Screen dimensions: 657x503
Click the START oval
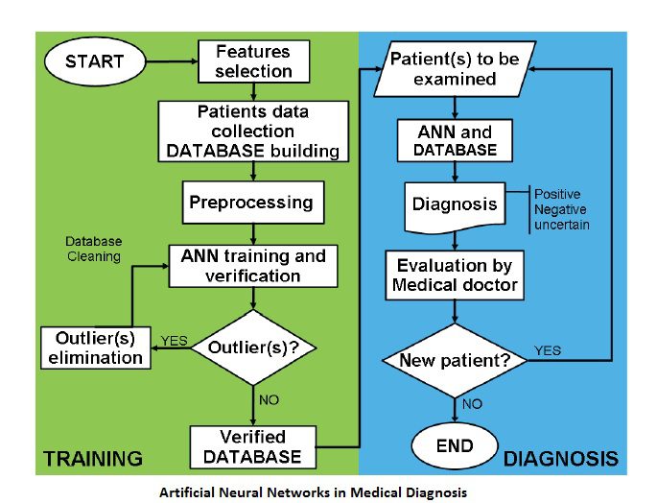click(x=95, y=61)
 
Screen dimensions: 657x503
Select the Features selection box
click(x=253, y=61)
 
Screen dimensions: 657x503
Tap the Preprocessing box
click(x=253, y=203)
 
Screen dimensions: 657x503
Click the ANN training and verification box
click(x=253, y=266)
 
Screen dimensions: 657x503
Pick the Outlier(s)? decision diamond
click(x=253, y=347)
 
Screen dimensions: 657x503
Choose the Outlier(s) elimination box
click(x=96, y=347)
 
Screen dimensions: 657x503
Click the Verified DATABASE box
click(x=252, y=447)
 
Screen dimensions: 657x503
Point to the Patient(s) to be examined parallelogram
click(x=455, y=69)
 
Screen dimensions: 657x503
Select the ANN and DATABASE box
click(x=455, y=140)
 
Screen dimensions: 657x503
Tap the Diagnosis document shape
click(x=455, y=206)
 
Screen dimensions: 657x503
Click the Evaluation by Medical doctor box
click(x=455, y=275)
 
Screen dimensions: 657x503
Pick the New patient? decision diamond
click(x=455, y=360)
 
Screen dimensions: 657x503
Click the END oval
click(x=455, y=445)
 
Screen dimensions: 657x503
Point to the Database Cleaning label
click(x=94, y=249)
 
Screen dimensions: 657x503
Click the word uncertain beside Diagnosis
click(x=562, y=225)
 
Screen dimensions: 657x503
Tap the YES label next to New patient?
click(x=548, y=350)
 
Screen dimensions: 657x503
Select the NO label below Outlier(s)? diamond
click(x=269, y=399)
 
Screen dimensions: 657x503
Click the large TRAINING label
click(x=93, y=459)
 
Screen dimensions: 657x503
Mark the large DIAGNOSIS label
click(x=561, y=459)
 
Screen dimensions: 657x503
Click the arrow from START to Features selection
click(x=172, y=61)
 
